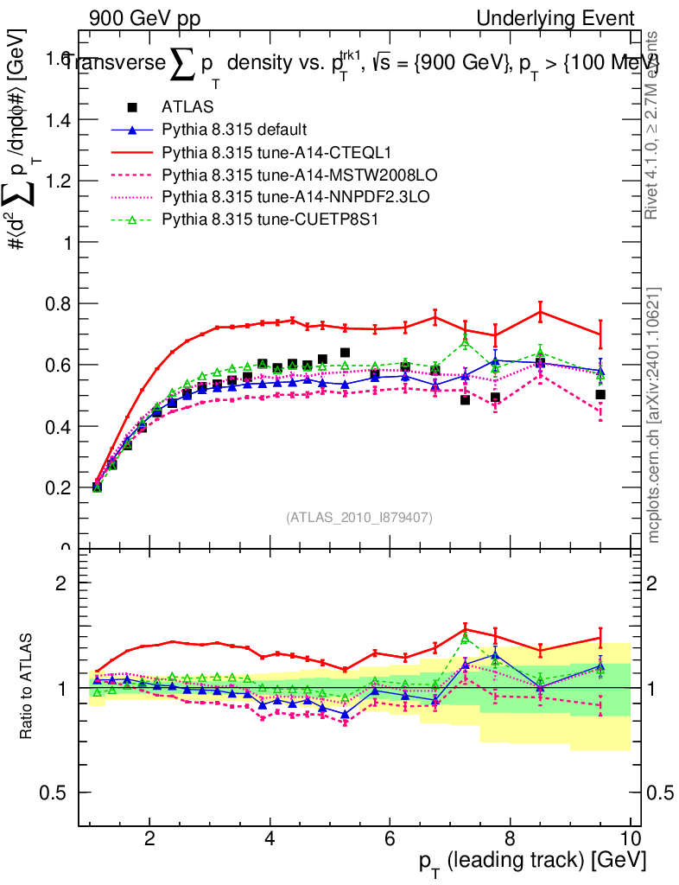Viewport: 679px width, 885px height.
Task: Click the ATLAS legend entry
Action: click(x=182, y=107)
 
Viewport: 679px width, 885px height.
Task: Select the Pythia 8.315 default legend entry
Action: click(x=234, y=130)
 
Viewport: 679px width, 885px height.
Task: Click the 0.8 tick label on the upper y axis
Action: click(x=58, y=303)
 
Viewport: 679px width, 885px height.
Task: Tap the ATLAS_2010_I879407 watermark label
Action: click(x=359, y=517)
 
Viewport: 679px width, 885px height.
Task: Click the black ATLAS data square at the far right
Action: click(x=600, y=395)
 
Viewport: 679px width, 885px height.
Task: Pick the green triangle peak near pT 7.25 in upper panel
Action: click(x=466, y=343)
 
